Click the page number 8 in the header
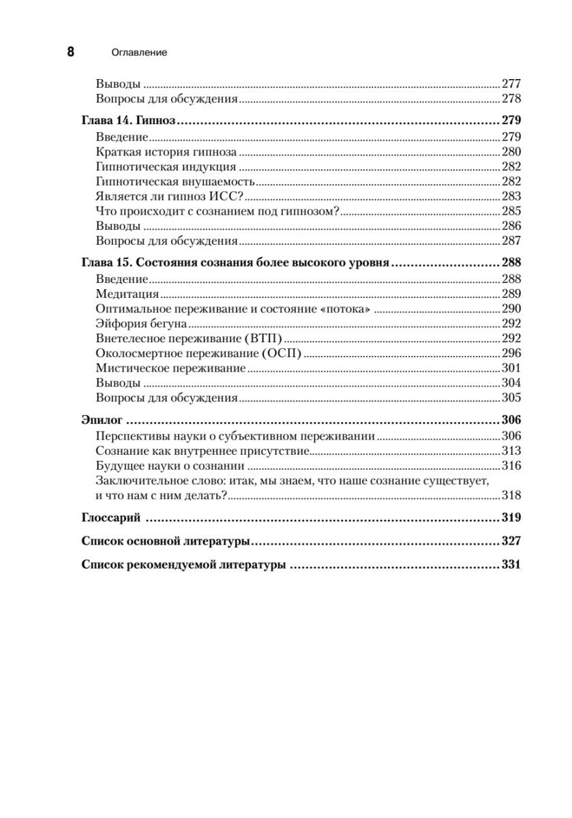click(x=70, y=52)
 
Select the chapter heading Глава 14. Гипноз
click(x=129, y=121)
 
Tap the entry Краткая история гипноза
click(x=167, y=151)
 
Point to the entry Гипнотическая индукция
click(x=167, y=166)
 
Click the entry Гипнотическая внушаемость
click(x=176, y=181)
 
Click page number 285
click(x=511, y=211)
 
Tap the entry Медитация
click(x=128, y=294)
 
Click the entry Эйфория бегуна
click(x=142, y=324)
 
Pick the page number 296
click(x=511, y=353)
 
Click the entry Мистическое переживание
click(x=171, y=368)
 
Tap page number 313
click(x=511, y=451)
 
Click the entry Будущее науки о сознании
click(x=170, y=466)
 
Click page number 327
click(x=511, y=541)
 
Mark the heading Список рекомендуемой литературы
click(x=183, y=565)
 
